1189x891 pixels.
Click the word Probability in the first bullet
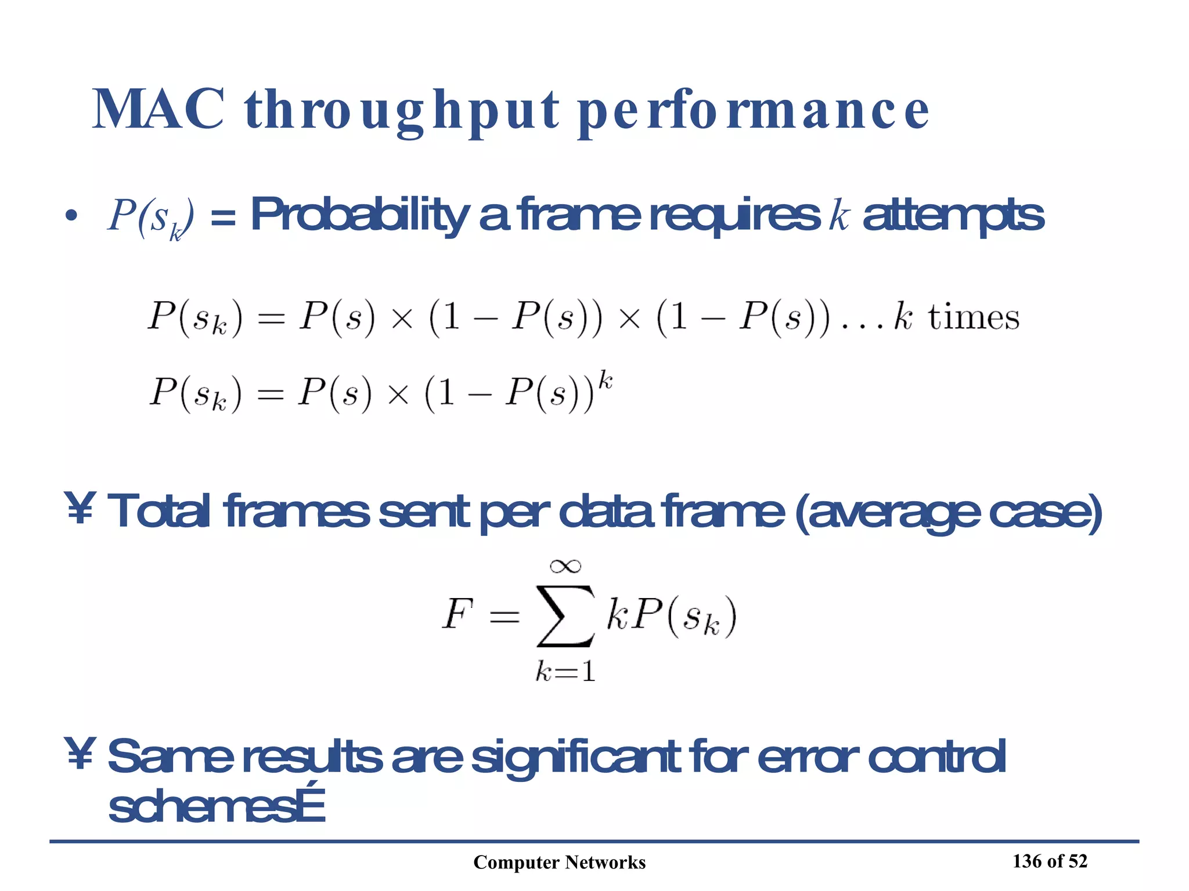pyautogui.click(x=359, y=215)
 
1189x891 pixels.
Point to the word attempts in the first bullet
pyautogui.click(x=953, y=215)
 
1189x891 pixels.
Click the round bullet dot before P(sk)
pyautogui.click(x=71, y=216)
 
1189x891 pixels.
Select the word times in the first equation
pyautogui.click(x=973, y=318)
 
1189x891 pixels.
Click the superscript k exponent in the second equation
pyautogui.click(x=605, y=381)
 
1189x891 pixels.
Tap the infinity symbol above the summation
pyautogui.click(x=565, y=566)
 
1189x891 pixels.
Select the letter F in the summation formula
pyautogui.click(x=457, y=614)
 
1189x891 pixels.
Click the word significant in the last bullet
pyautogui.click(x=575, y=757)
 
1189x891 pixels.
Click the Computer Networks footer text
pyautogui.click(x=559, y=863)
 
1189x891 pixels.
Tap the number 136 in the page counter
pyautogui.click(x=1027, y=861)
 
